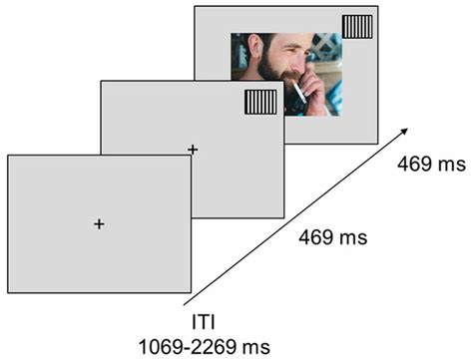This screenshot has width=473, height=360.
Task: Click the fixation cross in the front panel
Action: click(99, 224)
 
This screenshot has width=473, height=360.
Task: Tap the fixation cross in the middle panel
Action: click(193, 149)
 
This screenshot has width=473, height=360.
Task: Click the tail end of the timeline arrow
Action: click(186, 303)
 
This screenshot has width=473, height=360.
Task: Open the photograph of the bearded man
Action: click(286, 75)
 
